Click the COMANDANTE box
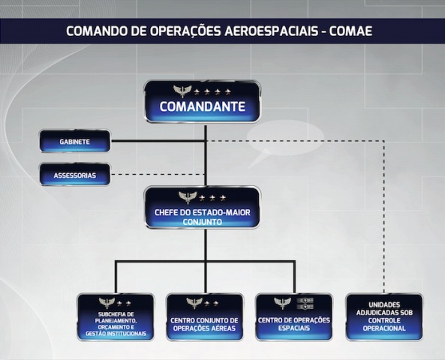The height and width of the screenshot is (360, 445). tap(203, 101)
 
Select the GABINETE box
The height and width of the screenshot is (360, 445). tap(74, 141)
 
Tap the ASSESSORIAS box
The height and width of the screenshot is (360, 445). tap(74, 175)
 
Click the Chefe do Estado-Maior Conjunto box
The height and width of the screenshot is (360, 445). tap(203, 208)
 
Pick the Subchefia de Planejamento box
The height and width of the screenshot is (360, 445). tap(116, 317)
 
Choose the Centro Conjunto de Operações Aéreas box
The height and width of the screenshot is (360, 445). tap(204, 317)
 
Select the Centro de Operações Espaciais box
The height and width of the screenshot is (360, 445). tap(293, 317)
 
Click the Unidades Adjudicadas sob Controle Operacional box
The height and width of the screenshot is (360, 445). tap(384, 317)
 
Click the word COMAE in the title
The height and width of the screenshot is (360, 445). tap(350, 31)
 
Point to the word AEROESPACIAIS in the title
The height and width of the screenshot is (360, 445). tap(271, 31)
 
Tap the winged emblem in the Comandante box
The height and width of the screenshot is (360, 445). tap(182, 91)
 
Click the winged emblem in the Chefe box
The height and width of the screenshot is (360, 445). tap(188, 197)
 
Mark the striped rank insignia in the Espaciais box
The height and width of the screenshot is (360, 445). tap(305, 303)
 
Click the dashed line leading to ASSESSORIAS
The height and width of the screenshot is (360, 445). tap(158, 174)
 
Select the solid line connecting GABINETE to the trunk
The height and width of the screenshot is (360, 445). tap(158, 141)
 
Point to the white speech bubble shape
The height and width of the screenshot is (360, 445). tap(285, 141)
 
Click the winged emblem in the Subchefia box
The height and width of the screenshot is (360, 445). tap(107, 303)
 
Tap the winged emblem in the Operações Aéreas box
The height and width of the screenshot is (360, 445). tap(194, 303)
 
